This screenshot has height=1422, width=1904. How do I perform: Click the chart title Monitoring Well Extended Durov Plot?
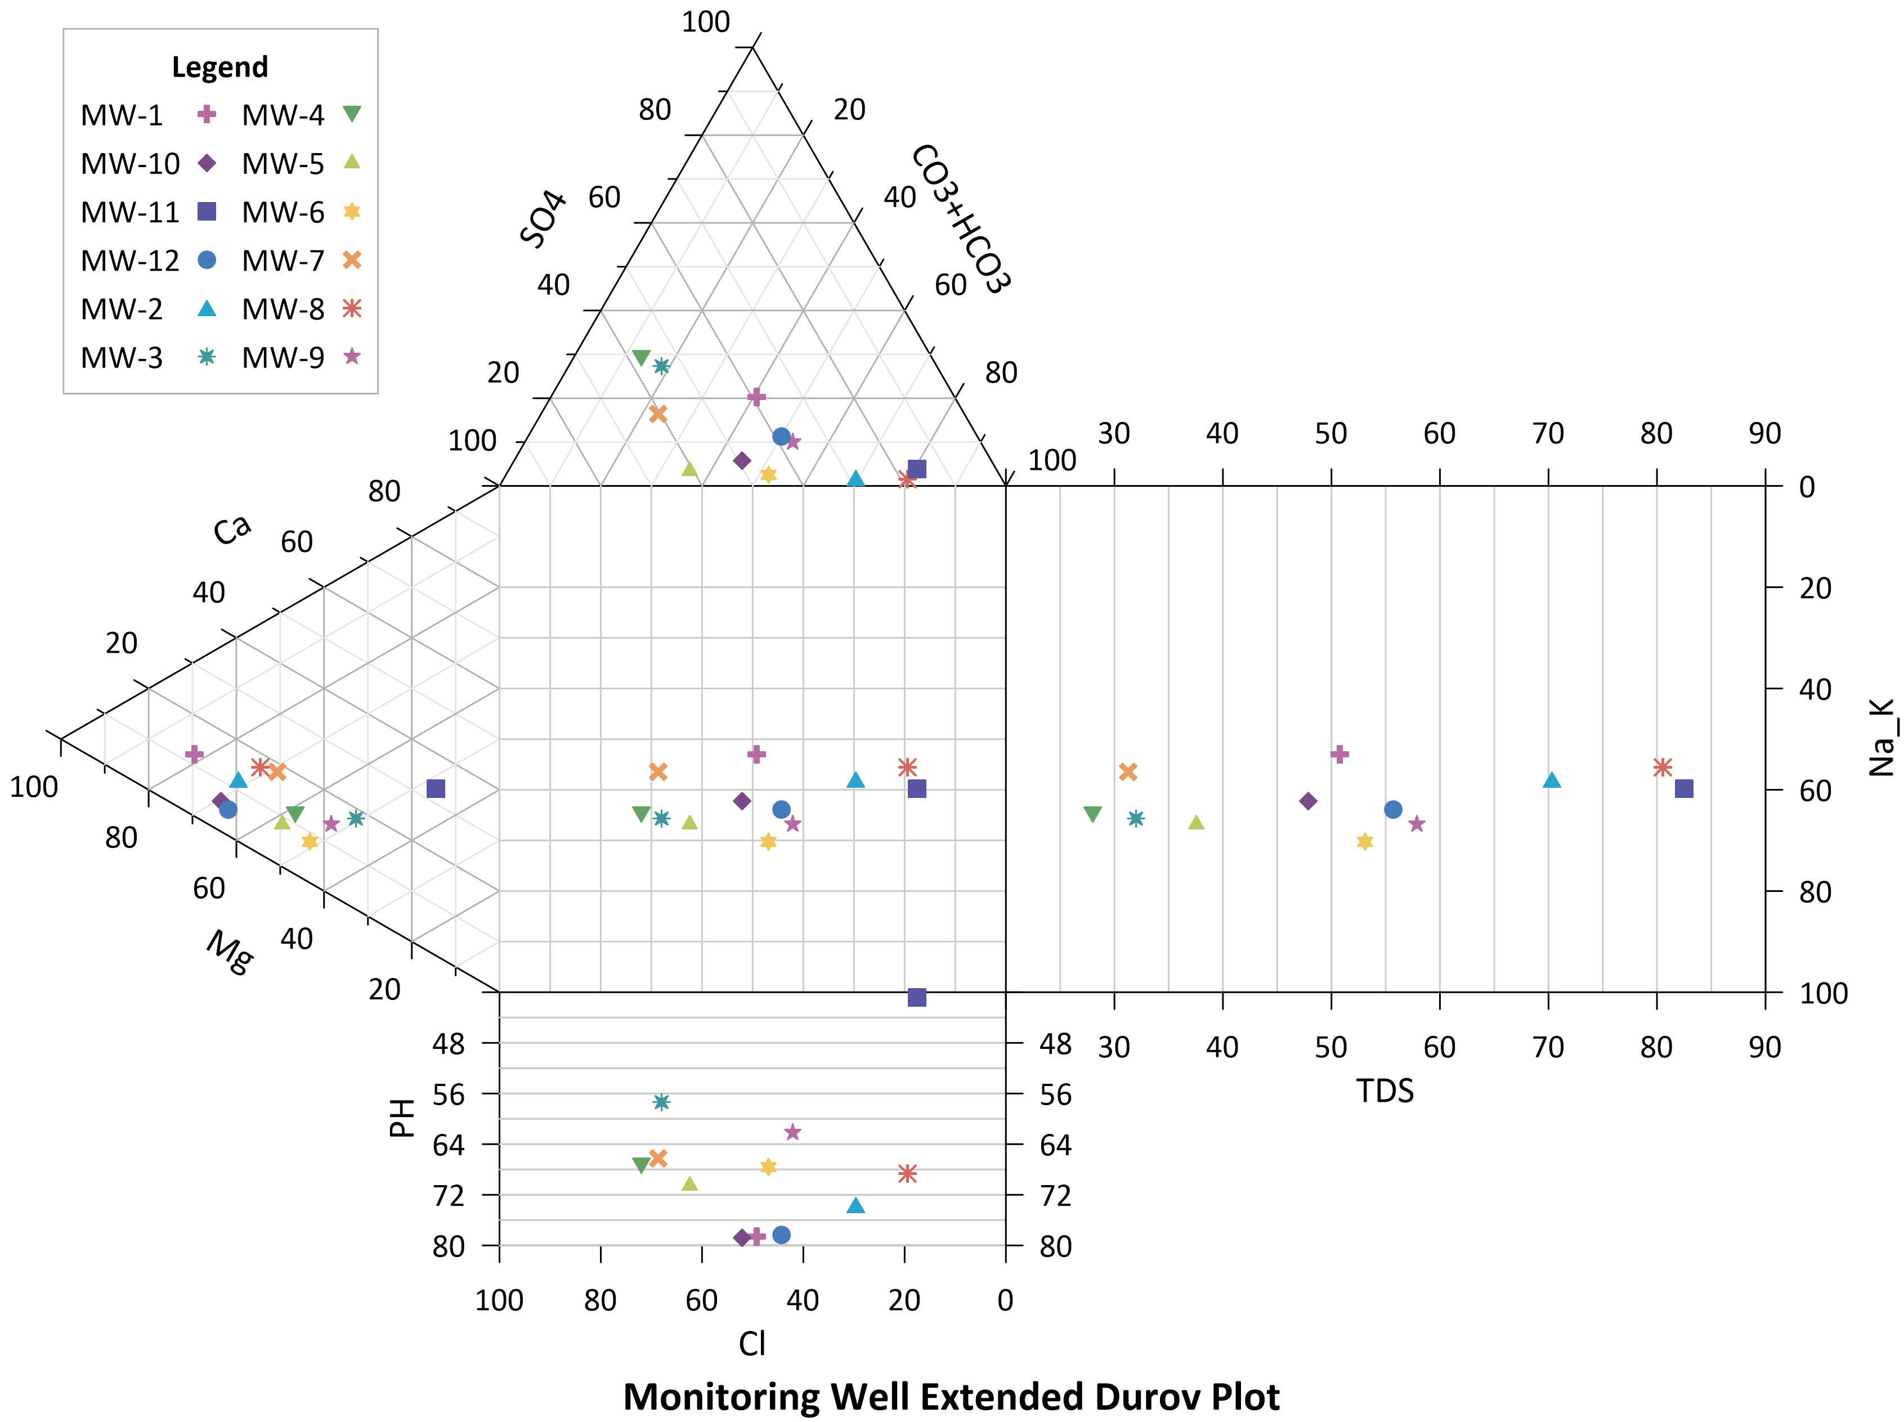click(x=951, y=1396)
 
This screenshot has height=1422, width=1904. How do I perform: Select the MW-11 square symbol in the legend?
click(x=207, y=212)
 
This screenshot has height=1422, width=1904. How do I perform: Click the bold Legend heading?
click(x=221, y=67)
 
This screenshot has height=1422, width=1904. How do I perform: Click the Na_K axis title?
click(x=1881, y=738)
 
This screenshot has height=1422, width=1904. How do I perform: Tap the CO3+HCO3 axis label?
click(x=960, y=219)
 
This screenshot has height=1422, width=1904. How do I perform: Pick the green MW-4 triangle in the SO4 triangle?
click(x=640, y=357)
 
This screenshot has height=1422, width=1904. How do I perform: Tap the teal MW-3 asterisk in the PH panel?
click(x=661, y=1102)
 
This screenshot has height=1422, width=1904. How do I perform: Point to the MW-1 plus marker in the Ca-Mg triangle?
click(x=195, y=754)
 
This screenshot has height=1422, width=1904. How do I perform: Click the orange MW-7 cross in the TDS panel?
click(x=1127, y=771)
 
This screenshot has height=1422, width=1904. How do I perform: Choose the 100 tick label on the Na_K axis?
click(x=1823, y=993)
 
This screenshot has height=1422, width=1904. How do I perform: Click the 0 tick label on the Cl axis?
click(x=1005, y=1300)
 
